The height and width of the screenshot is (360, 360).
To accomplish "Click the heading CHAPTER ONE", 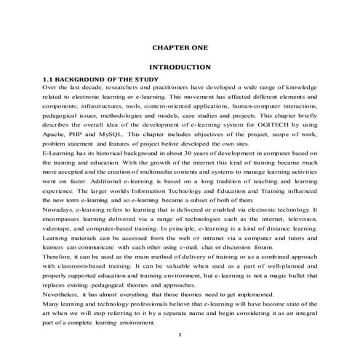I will click(180, 47).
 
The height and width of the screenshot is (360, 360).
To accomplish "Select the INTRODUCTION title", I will click(180, 66).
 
